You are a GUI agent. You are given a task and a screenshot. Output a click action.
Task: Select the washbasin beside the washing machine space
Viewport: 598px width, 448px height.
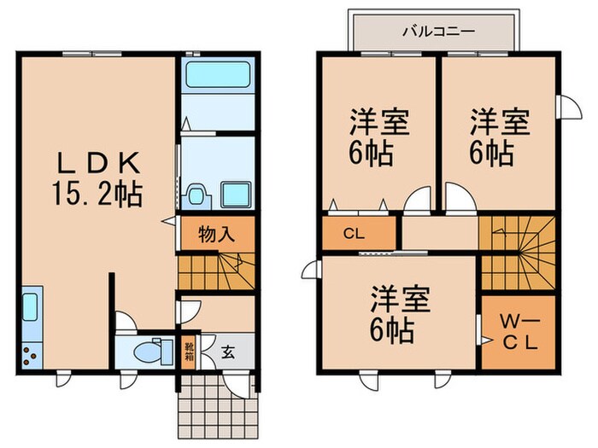click(196, 195)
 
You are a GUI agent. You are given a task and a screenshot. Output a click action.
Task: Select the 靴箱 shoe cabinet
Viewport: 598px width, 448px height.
click(188, 351)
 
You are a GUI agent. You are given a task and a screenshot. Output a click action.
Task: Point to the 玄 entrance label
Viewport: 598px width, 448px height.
click(228, 350)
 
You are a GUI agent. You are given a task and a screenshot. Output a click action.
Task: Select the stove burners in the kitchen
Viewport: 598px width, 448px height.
click(31, 352)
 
